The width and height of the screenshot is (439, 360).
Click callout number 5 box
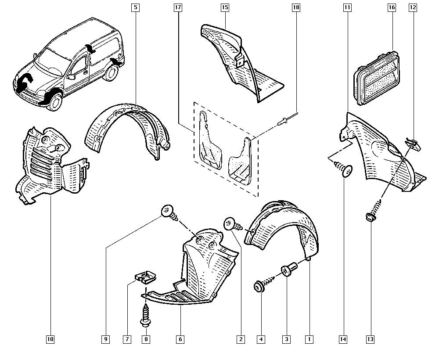(x=136, y=8)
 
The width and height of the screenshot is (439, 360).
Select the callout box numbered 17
(x=178, y=8)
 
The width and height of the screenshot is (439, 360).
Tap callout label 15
(x=225, y=8)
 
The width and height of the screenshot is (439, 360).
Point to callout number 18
(x=296, y=8)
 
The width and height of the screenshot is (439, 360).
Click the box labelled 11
(x=347, y=8)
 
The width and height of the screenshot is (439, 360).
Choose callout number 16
(x=392, y=8)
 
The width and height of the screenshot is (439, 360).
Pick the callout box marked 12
(x=413, y=8)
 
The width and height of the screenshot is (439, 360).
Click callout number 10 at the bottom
(x=50, y=339)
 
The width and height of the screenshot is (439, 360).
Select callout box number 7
(x=127, y=339)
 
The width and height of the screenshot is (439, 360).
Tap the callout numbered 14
(x=343, y=339)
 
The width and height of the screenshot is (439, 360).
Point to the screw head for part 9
(x=167, y=211)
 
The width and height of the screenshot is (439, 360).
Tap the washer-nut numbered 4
(x=257, y=287)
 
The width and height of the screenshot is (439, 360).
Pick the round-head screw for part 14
(x=346, y=170)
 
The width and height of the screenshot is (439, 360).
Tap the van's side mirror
(x=71, y=76)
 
